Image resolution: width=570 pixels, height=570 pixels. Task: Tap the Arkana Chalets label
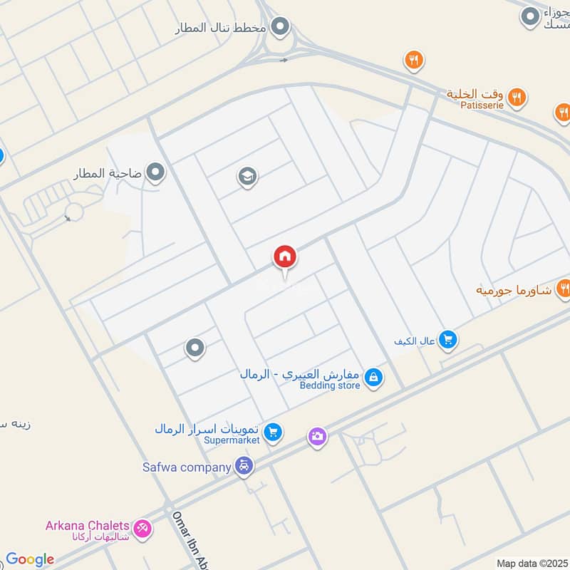pyautogui.click(x=88, y=526)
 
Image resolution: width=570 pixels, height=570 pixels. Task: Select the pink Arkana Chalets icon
pyautogui.click(x=142, y=527)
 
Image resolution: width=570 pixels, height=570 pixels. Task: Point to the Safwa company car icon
pyautogui.click(x=244, y=467)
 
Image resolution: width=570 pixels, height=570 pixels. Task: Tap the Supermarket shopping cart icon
pyautogui.click(x=272, y=432)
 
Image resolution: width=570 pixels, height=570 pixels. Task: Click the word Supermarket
pyautogui.click(x=232, y=440)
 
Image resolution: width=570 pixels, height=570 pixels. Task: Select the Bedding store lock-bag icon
pyautogui.click(x=373, y=378)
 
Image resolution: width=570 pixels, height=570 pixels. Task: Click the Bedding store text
pyautogui.click(x=329, y=385)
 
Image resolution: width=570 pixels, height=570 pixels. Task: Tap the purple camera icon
pyautogui.click(x=318, y=436)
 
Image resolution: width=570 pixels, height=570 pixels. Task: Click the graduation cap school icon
pyautogui.click(x=247, y=176)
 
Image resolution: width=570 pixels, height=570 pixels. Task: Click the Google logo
pyautogui.click(x=30, y=559)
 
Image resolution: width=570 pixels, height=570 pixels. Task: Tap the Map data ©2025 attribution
pyautogui.click(x=532, y=563)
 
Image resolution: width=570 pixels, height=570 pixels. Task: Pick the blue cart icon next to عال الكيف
pyautogui.click(x=447, y=340)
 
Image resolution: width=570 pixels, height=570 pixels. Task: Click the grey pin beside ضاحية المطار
pyautogui.click(x=155, y=172)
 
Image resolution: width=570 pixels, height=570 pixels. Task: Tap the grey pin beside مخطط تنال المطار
pyautogui.click(x=281, y=27)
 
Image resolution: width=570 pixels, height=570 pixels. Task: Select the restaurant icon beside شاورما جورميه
pyautogui.click(x=564, y=289)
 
